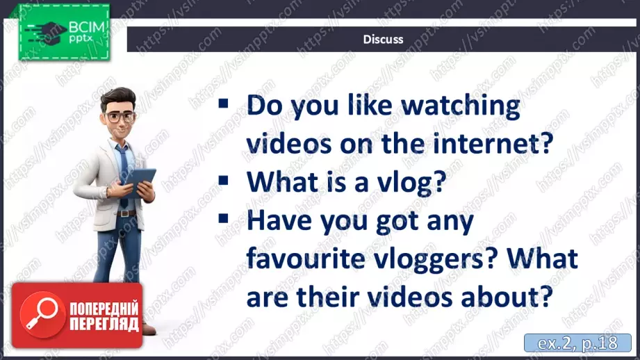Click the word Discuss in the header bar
[x=383, y=39]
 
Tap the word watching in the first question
[x=461, y=106]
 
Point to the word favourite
[x=306, y=259]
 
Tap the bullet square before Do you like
[x=223, y=104]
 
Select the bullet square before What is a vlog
[x=223, y=180]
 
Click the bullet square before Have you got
[x=223, y=218]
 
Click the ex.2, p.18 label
[x=577, y=343]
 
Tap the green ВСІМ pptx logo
[x=64, y=32]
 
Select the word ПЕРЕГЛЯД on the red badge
[x=104, y=324]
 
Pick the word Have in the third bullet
[x=279, y=220]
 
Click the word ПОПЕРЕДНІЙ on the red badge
[x=104, y=308]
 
